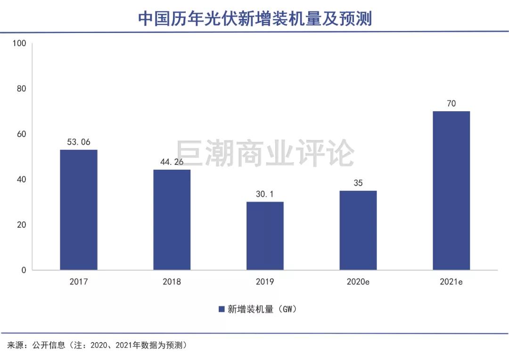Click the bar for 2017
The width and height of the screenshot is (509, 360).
(79, 210)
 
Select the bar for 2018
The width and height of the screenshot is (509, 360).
(172, 220)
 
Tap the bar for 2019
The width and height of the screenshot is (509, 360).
(265, 236)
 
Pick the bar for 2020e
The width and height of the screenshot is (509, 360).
(358, 230)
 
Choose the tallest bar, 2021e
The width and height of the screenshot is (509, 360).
(451, 190)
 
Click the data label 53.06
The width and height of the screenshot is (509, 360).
(79, 141)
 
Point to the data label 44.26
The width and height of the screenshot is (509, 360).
(172, 162)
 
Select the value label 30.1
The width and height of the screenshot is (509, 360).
(265, 194)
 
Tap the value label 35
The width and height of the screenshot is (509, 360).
(358, 183)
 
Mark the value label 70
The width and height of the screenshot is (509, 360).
(451, 103)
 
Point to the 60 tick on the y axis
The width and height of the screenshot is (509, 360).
(21, 134)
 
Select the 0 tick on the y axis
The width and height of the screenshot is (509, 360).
(24, 270)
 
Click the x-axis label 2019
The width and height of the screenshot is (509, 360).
(265, 282)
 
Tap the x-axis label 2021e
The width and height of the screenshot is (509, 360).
(451, 282)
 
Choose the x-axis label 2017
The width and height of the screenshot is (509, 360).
(79, 282)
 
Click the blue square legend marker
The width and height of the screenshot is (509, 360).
(221, 309)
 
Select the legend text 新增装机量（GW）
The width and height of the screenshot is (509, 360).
(262, 309)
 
